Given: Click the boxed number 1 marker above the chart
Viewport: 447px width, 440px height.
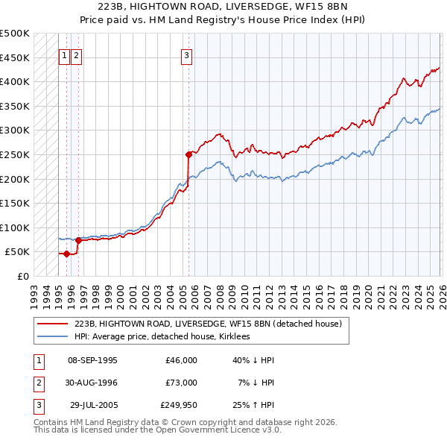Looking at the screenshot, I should point(64,54).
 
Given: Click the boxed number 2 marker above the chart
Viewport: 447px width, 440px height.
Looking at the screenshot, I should point(77,54).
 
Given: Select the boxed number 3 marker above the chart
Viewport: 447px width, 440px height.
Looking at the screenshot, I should point(186,54).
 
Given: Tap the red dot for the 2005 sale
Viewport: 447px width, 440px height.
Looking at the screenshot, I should point(188,154).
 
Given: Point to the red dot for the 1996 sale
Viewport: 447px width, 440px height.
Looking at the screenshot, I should point(78,240).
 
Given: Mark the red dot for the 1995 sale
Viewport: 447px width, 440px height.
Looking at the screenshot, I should point(66,254).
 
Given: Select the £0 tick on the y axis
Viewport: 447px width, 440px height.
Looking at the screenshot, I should point(22,277).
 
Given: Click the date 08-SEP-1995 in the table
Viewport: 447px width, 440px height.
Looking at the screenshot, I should point(92,360).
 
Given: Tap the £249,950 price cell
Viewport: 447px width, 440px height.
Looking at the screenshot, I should point(179,406).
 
